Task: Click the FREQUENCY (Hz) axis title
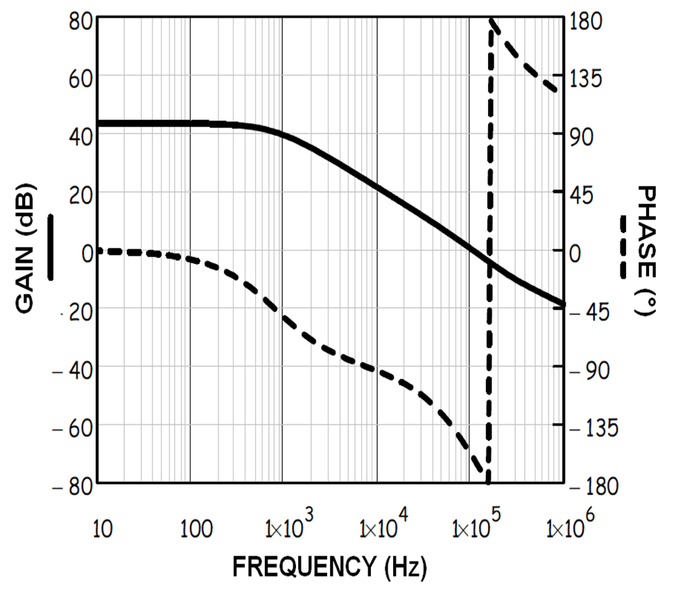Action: tap(329, 567)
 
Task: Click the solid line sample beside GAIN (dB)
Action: tap(51, 247)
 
